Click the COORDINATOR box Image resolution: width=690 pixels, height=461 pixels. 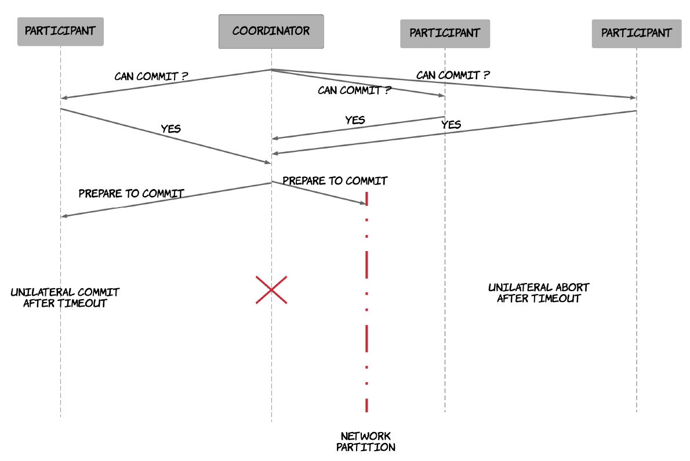(271, 31)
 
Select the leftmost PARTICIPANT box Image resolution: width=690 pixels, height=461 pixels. (60, 32)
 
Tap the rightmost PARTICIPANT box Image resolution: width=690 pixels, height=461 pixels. (636, 34)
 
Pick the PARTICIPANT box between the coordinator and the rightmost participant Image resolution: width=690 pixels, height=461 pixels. (445, 34)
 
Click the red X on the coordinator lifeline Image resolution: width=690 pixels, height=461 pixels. (271, 290)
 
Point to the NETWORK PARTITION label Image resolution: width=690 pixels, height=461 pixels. (366, 442)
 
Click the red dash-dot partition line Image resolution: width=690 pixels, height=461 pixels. (366, 302)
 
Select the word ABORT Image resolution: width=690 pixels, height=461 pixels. (572, 287)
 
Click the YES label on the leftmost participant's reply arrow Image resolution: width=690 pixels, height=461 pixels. (170, 129)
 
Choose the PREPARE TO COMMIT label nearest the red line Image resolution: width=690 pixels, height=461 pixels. (335, 181)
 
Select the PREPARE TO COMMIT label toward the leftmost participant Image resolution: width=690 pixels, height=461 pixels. (131, 194)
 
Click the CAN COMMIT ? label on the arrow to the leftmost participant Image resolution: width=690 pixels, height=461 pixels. (151, 76)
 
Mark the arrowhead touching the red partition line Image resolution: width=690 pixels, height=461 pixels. (363, 203)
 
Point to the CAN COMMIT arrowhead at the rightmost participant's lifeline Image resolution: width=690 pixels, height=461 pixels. (633, 97)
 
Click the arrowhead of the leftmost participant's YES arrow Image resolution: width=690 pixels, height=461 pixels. (267, 162)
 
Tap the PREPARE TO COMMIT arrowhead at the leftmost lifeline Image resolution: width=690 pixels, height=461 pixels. (64, 216)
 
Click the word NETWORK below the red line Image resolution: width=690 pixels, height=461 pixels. (366, 436)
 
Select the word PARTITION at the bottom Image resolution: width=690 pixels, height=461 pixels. (366, 447)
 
